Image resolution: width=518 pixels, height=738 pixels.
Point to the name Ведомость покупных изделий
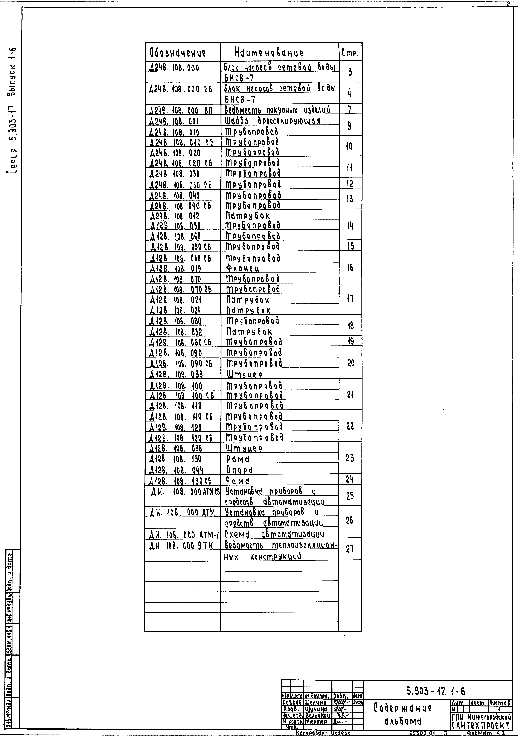(277, 110)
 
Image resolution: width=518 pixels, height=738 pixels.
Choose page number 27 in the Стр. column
(350, 549)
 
